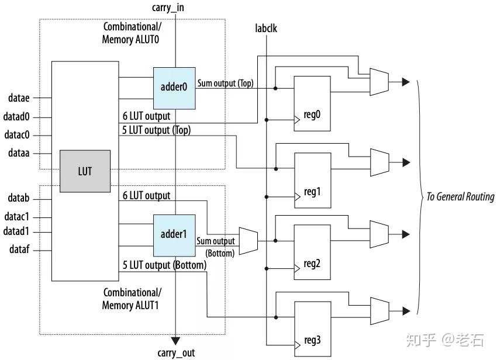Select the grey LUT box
[x=85, y=171]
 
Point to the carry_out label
[x=176, y=353]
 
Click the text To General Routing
[x=460, y=197]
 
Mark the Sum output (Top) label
[x=225, y=84]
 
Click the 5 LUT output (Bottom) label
[x=164, y=265]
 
